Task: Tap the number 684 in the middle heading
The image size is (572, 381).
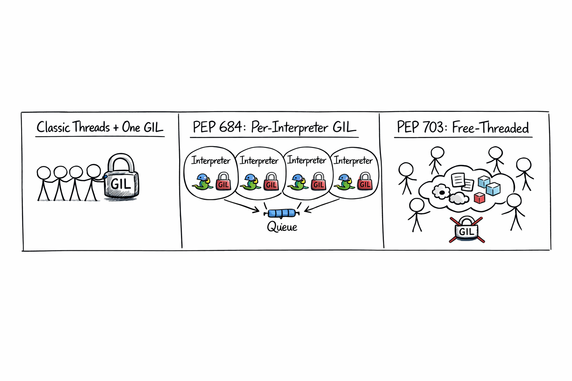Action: pos(231,127)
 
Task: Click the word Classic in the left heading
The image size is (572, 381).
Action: pos(53,127)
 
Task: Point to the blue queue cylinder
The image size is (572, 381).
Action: pos(282,213)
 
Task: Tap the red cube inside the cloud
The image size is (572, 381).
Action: pos(479,198)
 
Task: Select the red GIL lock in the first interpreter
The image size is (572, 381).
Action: pos(224,181)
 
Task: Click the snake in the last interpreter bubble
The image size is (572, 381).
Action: pos(344,182)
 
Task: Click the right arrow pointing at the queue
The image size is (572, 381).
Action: pos(322,205)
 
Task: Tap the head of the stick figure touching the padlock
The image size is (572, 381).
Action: pos(94,171)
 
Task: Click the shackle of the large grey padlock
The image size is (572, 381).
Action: pos(121,163)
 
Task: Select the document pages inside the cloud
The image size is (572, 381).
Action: pos(463,182)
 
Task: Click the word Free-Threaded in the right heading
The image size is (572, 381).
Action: pos(490,127)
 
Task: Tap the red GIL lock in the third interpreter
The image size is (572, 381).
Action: pos(319,181)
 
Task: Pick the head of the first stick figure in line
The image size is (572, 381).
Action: pos(44,173)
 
